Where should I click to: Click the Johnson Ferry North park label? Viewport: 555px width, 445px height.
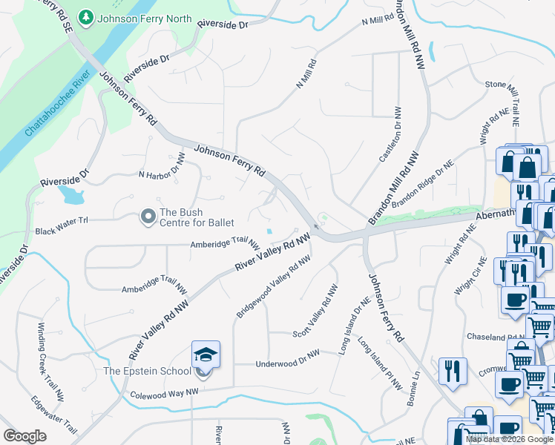click(x=145, y=19)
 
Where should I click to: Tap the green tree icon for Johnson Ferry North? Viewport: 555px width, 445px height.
click(x=86, y=17)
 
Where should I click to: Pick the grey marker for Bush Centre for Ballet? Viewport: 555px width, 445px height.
click(x=148, y=217)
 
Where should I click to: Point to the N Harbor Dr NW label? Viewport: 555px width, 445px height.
click(x=161, y=167)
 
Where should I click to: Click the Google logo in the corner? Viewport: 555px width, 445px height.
click(x=24, y=436)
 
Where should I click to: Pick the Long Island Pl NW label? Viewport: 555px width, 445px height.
click(x=378, y=364)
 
